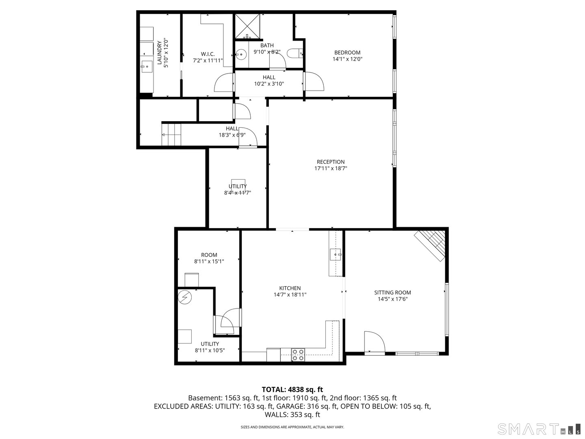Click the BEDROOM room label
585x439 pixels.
click(x=347, y=52)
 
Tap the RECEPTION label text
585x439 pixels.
click(x=331, y=162)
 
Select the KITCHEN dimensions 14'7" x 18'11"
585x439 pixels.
click(x=290, y=295)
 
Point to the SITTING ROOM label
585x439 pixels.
click(x=392, y=292)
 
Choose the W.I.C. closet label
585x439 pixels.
click(x=208, y=54)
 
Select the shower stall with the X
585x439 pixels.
click(x=247, y=26)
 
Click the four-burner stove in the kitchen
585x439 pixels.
click(x=298, y=355)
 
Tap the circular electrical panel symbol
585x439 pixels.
click(x=184, y=298)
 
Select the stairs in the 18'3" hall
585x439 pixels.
click(x=171, y=134)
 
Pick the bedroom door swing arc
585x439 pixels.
click(x=314, y=82)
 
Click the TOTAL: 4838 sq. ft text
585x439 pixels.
click(x=292, y=390)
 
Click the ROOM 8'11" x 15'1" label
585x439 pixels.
click(x=209, y=258)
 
